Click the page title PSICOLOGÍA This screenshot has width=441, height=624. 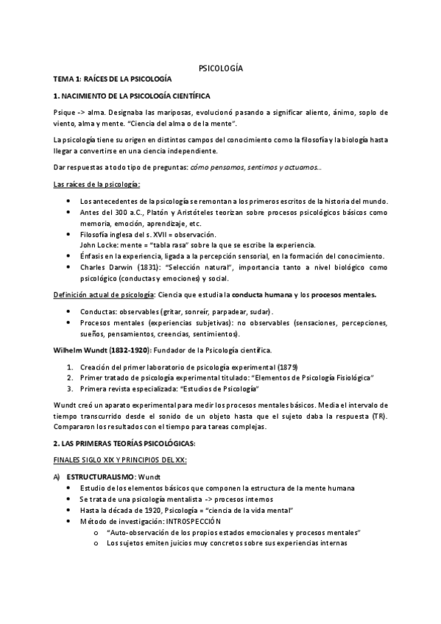coord(221,68)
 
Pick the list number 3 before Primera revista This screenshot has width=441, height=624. coord(69,388)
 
